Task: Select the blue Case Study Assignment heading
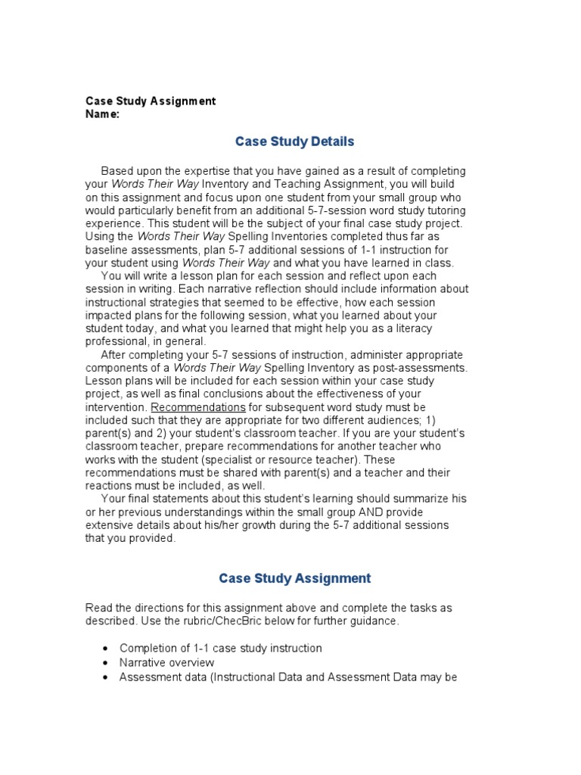pos(294,578)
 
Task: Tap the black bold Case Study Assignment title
pos(151,101)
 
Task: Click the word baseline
pos(106,249)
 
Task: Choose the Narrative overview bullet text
pos(167,662)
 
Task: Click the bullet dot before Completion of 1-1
pos(104,649)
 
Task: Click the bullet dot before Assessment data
pos(104,677)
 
